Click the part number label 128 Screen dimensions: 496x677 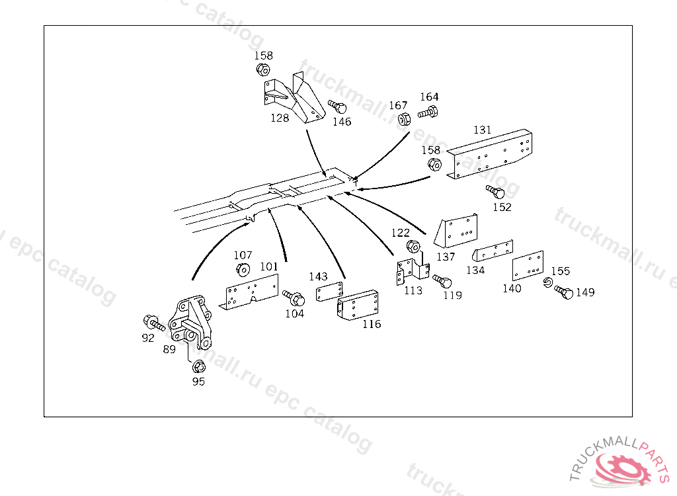[x=280, y=118]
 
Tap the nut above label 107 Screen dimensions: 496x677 [x=243, y=269]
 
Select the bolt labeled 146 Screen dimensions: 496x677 [x=338, y=107]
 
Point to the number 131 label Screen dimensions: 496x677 [x=482, y=130]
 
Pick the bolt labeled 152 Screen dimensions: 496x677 [x=496, y=192]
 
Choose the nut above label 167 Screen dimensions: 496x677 [x=403, y=120]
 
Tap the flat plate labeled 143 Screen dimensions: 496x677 [x=330, y=292]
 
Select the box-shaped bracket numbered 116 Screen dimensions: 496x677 [x=357, y=306]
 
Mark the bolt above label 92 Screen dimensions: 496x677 [x=153, y=323]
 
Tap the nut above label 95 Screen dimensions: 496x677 [x=197, y=366]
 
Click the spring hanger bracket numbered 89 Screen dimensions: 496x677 [x=191, y=321]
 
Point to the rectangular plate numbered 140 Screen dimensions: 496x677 [x=528, y=266]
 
